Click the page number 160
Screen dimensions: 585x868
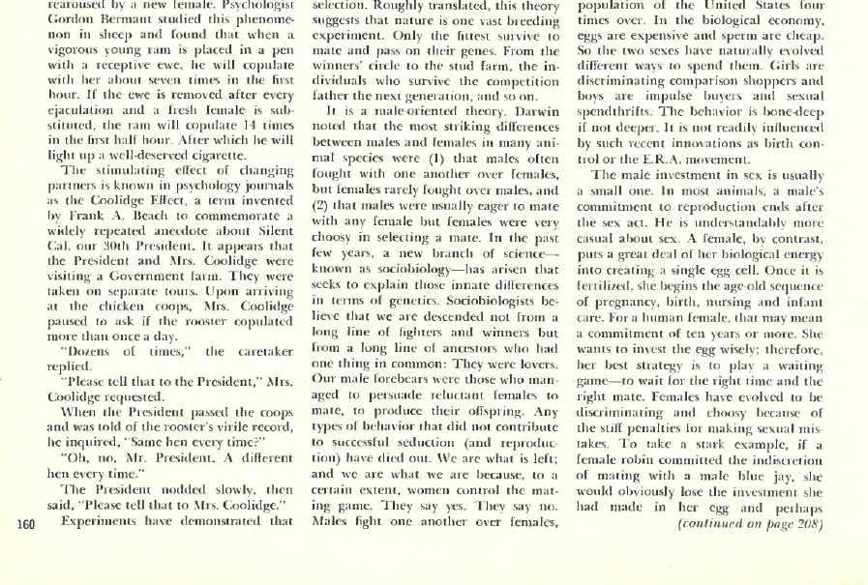tap(22, 525)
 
